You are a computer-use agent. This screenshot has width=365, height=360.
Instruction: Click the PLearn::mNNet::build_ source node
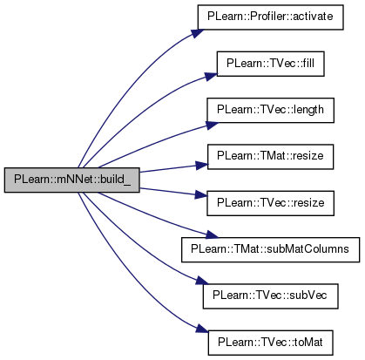(x=72, y=180)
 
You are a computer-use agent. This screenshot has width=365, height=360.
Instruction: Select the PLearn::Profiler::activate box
(x=271, y=17)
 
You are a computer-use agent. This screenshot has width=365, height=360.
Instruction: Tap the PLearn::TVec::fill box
(x=271, y=64)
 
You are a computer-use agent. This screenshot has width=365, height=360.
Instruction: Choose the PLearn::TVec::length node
(x=270, y=110)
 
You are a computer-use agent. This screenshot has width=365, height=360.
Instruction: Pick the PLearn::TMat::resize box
(x=270, y=157)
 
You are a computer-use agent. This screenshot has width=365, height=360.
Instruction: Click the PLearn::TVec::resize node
(x=270, y=203)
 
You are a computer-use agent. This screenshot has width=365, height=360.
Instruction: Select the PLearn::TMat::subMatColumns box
(x=270, y=249)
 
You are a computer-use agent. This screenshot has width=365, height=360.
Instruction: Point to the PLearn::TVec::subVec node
(x=270, y=296)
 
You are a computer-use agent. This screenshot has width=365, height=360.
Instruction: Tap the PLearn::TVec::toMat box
(x=270, y=343)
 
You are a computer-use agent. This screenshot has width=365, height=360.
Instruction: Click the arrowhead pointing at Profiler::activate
(x=198, y=33)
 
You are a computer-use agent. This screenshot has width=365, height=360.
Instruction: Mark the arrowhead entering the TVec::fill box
(x=211, y=76)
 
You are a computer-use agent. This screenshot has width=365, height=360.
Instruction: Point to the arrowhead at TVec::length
(x=213, y=125)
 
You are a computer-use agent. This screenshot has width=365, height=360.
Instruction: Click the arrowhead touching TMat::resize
(x=202, y=166)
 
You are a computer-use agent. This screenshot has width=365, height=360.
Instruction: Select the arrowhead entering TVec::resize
(x=201, y=194)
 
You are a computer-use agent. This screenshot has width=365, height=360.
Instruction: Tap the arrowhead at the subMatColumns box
(x=212, y=235)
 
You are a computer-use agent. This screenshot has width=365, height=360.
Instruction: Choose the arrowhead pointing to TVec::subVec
(x=202, y=281)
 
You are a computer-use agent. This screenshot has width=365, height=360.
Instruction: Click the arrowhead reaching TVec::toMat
(x=202, y=329)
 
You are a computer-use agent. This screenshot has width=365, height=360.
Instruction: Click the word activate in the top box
(x=313, y=17)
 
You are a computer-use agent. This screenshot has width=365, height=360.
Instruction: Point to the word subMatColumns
(x=308, y=249)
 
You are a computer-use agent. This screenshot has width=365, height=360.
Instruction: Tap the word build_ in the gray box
(x=116, y=180)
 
